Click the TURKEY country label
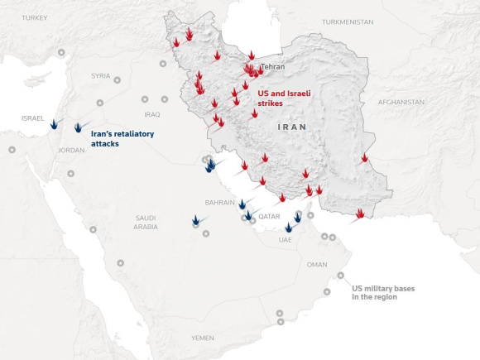(x=35, y=17)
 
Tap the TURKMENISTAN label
(x=348, y=22)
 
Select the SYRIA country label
(x=100, y=75)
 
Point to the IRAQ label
(x=151, y=114)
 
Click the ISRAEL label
(x=33, y=118)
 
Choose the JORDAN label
(x=71, y=151)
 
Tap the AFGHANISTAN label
(x=401, y=102)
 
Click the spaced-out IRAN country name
(x=292, y=127)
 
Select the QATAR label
(x=270, y=216)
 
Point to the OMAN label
(x=317, y=265)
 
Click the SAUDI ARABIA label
(x=146, y=222)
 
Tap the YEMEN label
(x=202, y=338)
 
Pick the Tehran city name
(x=273, y=67)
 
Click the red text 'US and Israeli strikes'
(x=284, y=98)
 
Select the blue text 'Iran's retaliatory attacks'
(x=122, y=138)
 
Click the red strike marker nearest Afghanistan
(x=363, y=157)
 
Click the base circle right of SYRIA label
(x=117, y=80)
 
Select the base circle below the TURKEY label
(x=60, y=53)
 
